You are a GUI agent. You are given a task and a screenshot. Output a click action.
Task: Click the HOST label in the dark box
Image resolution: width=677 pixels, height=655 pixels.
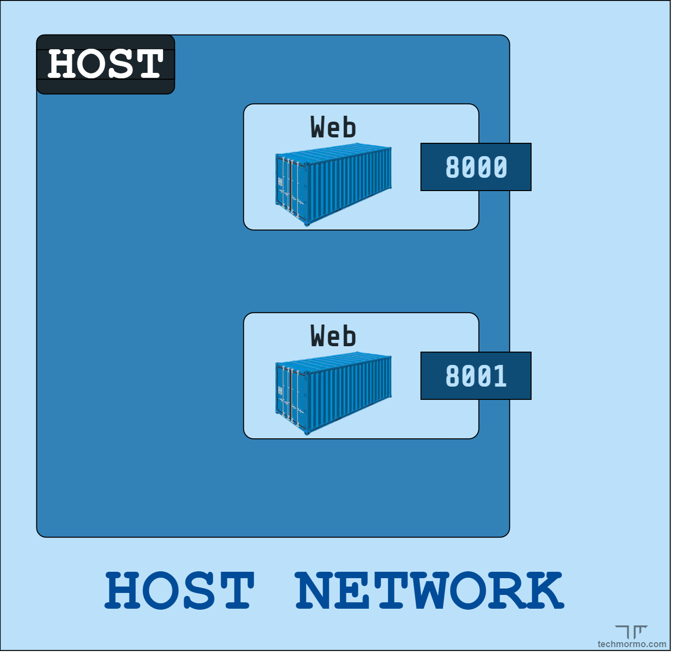(105, 64)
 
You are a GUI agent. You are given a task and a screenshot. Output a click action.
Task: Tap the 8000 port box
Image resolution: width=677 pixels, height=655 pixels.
(475, 167)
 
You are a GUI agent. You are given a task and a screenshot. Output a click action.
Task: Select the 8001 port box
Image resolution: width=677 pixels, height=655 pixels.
(475, 376)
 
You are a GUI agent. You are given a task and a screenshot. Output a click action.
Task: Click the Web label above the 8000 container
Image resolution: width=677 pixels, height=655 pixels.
(333, 127)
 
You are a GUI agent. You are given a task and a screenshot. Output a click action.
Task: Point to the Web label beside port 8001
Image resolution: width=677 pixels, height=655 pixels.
(333, 336)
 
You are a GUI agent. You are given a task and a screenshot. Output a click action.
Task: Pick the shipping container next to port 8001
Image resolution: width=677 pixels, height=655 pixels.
(333, 393)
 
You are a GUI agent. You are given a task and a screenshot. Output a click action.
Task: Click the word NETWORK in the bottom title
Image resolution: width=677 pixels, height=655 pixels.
(429, 590)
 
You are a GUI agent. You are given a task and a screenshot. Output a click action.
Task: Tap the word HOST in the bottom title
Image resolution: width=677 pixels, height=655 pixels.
(179, 590)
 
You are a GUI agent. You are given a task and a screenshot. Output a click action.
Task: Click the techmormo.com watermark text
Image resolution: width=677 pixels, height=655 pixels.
(632, 644)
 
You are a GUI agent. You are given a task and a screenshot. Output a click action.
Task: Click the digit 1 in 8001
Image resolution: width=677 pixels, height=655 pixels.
(500, 376)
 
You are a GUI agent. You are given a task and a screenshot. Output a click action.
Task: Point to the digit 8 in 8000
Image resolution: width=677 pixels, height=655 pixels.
(452, 167)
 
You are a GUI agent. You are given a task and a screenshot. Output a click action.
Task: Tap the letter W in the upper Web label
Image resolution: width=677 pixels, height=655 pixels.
(319, 127)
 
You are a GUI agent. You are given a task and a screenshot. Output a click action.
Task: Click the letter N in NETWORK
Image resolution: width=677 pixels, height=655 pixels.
(315, 590)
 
